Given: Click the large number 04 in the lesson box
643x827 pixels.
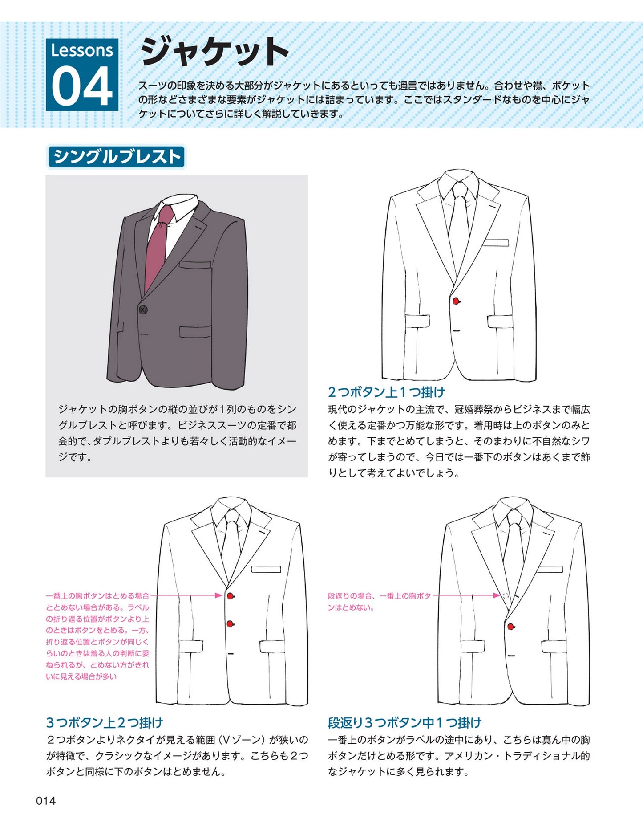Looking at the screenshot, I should (82, 86).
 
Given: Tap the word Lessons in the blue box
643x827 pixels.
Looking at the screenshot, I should (82, 50).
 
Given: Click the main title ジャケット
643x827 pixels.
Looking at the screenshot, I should (214, 52).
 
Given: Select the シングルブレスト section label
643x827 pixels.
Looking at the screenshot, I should (116, 157).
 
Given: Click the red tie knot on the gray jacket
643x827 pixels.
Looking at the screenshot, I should (166, 216).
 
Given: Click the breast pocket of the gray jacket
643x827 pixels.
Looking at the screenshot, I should (195, 264).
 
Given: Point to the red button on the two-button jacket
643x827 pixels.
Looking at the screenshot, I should (456, 301).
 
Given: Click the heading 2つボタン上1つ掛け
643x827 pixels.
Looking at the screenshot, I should (386, 392).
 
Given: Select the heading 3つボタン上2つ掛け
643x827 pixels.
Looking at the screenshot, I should (105, 722).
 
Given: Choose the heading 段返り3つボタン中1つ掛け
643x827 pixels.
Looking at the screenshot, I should (404, 722).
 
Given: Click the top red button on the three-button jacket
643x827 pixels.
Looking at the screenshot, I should (230, 596).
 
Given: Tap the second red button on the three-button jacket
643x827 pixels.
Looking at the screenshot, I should (230, 624).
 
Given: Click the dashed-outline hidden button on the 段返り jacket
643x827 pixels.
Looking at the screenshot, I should (506, 596).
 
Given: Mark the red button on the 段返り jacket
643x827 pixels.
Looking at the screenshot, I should (511, 627).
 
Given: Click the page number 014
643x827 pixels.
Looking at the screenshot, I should (46, 801).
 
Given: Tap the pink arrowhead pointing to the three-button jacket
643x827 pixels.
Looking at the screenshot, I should (218, 595).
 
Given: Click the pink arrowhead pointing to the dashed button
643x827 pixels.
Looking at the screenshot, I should (497, 595).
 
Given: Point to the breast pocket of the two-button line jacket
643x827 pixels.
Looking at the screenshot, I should (496, 243).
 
